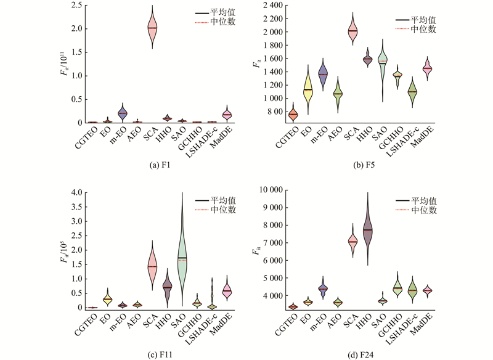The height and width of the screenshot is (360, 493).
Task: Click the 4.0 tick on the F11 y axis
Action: (76, 192)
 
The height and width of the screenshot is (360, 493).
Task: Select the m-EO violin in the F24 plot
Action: (322, 288)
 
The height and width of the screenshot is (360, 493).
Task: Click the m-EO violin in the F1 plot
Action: (122, 113)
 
